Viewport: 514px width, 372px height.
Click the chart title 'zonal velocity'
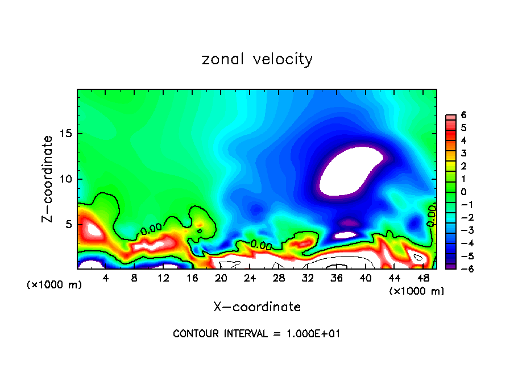(x=257, y=59)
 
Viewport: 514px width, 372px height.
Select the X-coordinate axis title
(x=257, y=307)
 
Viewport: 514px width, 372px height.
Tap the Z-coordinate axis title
(x=48, y=179)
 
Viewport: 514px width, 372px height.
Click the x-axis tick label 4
(x=106, y=278)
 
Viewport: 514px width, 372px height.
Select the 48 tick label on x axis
(x=422, y=278)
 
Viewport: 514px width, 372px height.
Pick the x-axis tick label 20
(x=221, y=278)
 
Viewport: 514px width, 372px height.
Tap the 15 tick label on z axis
(x=66, y=134)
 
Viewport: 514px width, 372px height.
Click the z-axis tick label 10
(x=66, y=179)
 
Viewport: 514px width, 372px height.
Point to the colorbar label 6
(x=464, y=115)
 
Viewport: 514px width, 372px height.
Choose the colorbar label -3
(x=462, y=230)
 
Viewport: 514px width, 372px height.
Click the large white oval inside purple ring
(x=351, y=171)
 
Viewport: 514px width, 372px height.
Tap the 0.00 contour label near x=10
(x=151, y=229)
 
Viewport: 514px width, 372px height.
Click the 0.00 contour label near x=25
(x=261, y=245)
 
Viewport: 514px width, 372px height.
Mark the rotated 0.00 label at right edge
(x=432, y=217)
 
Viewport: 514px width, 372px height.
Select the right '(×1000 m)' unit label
(x=416, y=291)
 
